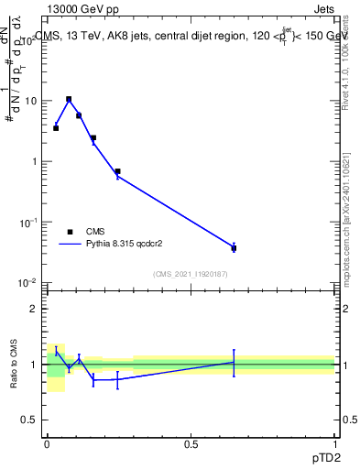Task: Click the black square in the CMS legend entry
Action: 70,232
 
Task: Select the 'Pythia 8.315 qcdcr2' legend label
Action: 129,245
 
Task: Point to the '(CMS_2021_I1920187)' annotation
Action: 190,274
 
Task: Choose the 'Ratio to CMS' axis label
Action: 14,364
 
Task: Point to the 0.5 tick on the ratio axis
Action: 28,421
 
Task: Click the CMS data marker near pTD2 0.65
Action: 234,248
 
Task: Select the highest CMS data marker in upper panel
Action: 69,99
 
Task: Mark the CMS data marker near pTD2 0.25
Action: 117,171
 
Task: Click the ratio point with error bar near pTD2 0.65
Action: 234,363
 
